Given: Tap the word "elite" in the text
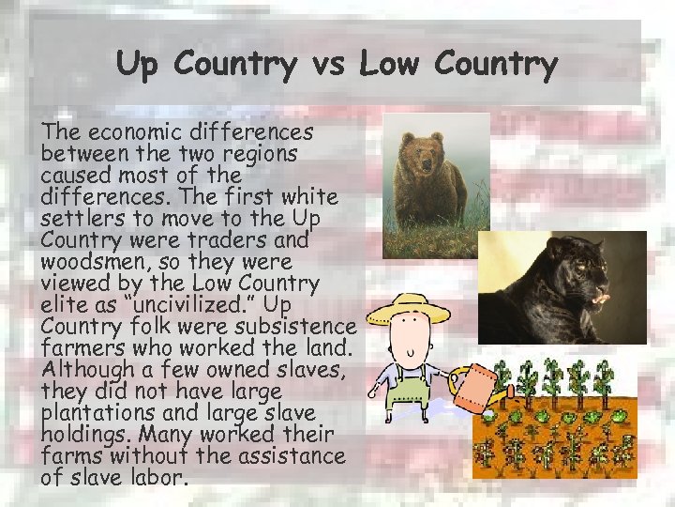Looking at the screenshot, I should (64, 304).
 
